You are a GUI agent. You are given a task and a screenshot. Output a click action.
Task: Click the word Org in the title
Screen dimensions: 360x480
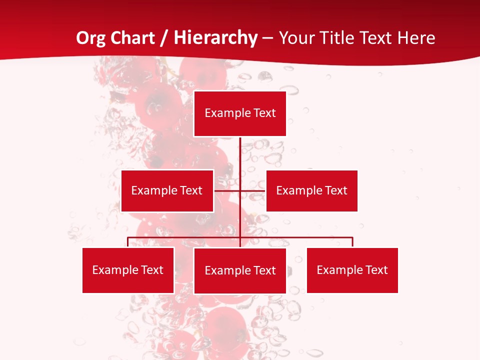(91, 38)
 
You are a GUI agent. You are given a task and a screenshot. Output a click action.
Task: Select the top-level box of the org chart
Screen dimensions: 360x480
(240, 113)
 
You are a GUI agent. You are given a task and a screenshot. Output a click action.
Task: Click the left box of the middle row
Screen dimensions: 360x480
(167, 190)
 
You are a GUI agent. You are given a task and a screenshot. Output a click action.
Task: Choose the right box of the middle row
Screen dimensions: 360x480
(312, 190)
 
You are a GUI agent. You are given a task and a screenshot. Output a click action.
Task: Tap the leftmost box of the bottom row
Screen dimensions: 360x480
(128, 270)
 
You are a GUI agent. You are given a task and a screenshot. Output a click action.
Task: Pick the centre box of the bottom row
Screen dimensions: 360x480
(240, 270)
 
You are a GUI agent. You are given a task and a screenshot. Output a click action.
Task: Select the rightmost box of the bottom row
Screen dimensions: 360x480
(352, 270)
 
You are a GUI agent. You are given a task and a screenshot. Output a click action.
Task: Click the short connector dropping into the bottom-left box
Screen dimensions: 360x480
(128, 242)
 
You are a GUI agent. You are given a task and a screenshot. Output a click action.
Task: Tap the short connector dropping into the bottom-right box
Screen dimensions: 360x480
(352, 242)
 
